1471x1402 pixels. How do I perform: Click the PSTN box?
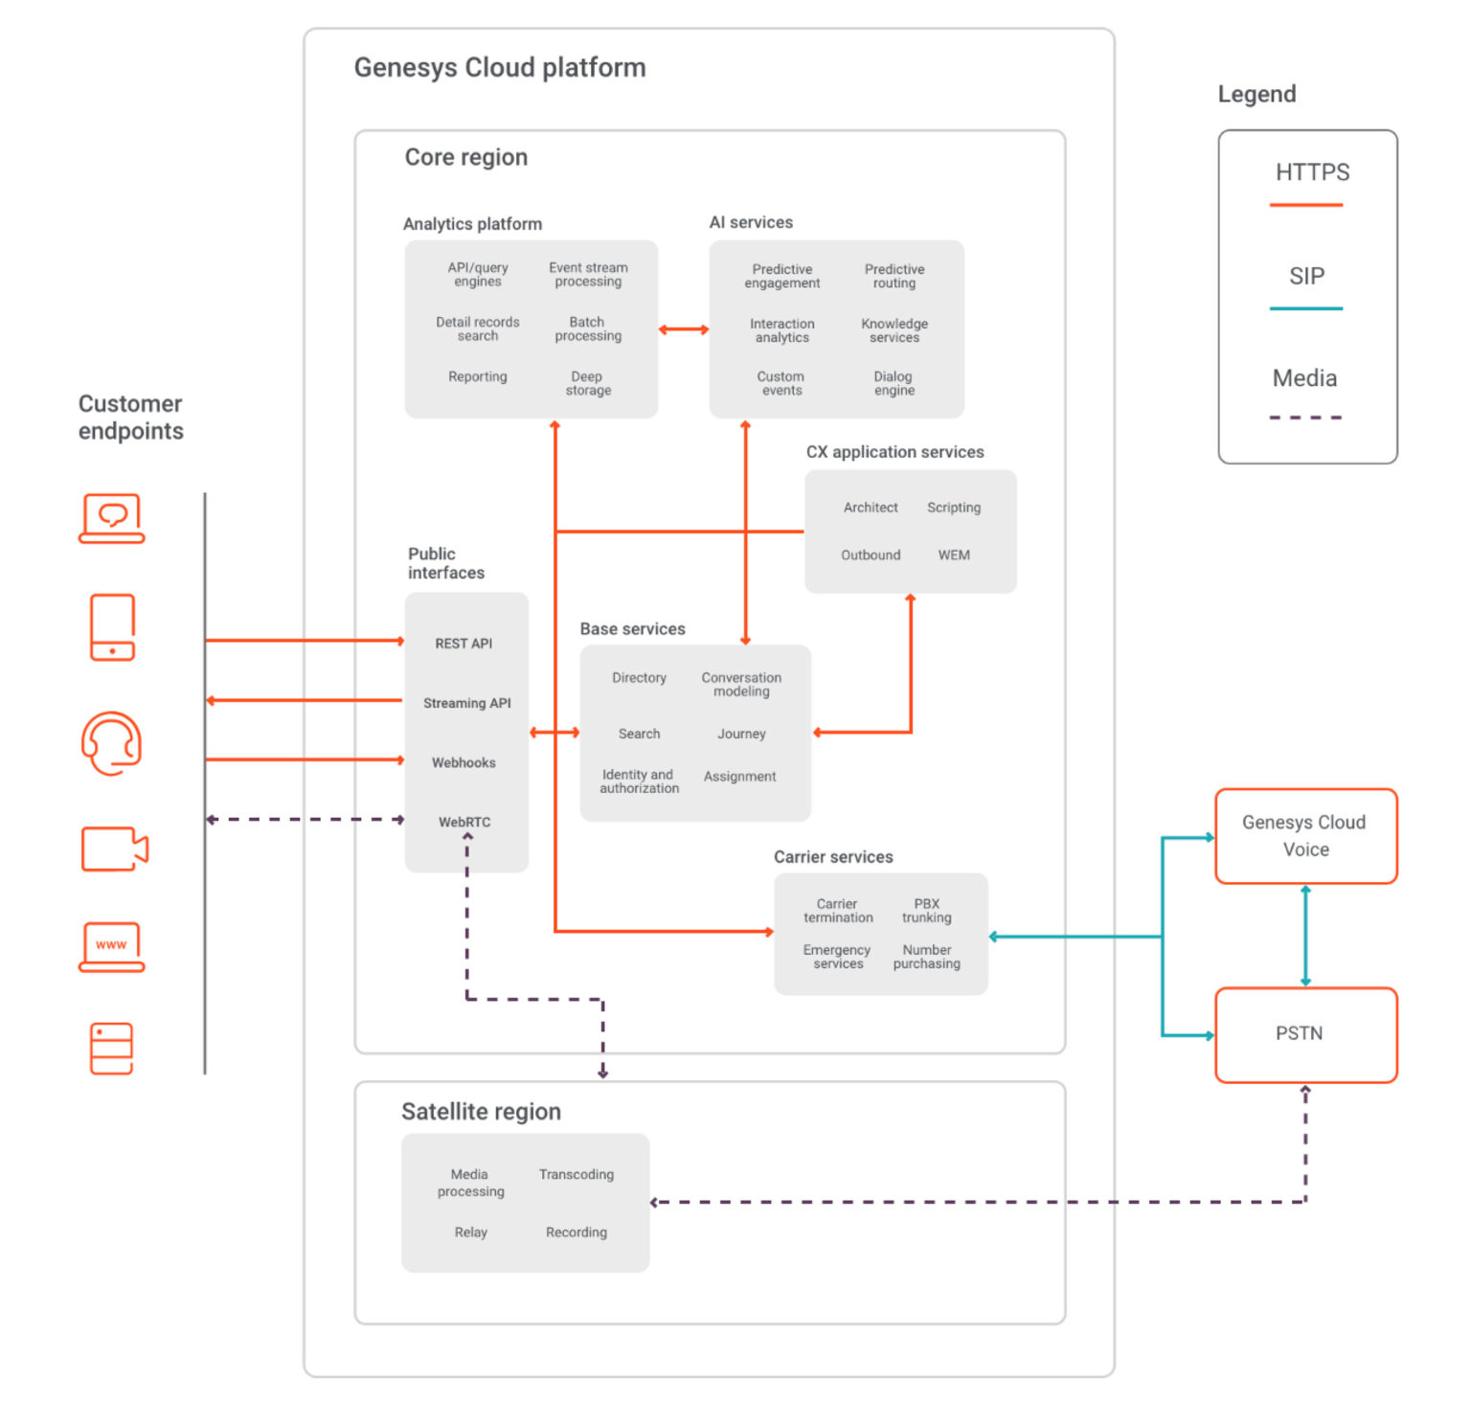1305,1034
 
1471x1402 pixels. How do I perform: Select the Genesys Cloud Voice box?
1305,835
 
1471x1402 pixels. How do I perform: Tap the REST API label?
464,644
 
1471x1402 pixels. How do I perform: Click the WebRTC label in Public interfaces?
464,822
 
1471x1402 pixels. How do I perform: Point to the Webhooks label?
464,762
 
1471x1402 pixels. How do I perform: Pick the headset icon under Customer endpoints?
112,743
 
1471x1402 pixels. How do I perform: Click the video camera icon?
114,848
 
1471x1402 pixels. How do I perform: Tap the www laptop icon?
111,946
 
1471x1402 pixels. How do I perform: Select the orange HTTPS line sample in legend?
1305,205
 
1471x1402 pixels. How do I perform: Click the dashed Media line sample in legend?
1305,418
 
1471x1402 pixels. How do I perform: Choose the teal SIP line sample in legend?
1305,308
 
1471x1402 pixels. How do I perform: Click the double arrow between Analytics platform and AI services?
683,329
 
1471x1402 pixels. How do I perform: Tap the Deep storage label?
587,383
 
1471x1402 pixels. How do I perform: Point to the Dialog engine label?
894,383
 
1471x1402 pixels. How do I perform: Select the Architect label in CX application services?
871,508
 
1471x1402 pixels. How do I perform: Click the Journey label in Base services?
741,734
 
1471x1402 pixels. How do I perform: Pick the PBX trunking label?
926,910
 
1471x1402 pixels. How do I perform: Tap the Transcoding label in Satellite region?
576,1174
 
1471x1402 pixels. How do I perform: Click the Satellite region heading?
481,1111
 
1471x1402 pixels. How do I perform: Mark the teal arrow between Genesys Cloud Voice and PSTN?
1305,936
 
